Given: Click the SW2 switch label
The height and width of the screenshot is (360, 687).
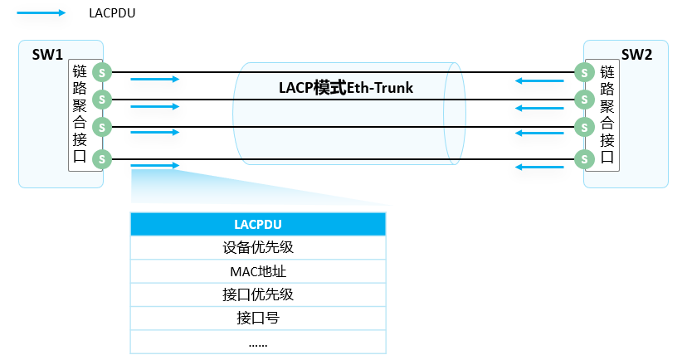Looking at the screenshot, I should click(636, 55).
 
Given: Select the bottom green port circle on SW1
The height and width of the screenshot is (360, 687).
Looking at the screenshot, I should click(102, 158).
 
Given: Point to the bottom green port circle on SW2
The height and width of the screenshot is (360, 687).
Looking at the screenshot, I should click(584, 158).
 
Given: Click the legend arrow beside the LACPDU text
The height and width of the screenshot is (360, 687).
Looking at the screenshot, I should click(41, 13).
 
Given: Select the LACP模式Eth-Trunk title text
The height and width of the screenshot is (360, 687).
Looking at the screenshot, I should click(347, 87).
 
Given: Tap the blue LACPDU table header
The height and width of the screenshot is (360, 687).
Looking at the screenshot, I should click(258, 224).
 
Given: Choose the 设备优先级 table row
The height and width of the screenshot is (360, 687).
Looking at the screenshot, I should click(258, 247).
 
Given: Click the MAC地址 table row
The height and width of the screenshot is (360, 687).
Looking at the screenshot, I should click(258, 270).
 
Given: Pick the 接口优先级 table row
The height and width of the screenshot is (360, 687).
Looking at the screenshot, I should click(258, 294).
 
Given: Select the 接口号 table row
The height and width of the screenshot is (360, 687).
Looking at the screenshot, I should click(258, 317).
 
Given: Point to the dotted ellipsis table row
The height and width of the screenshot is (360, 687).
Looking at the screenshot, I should click(258, 341).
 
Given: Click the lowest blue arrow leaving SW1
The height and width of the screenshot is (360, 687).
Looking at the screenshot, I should click(155, 166).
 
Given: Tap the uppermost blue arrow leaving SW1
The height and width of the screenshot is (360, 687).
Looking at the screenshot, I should click(155, 80).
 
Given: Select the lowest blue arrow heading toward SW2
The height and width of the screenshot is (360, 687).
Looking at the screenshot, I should click(539, 167).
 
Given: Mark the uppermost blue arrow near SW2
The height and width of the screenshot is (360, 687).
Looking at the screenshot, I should click(539, 80).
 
